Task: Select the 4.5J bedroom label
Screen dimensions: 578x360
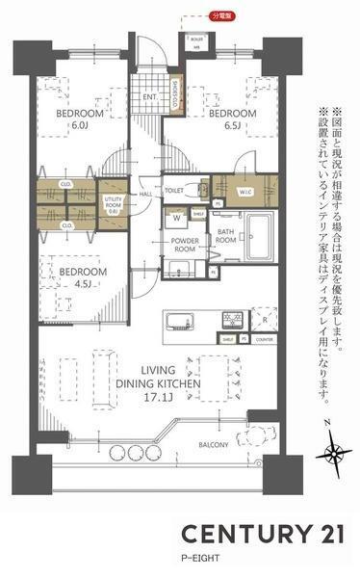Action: (x=83, y=277)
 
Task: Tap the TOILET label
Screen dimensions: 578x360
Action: (x=173, y=191)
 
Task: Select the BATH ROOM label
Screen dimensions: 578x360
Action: (x=226, y=237)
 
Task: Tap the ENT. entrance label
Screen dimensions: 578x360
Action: (x=150, y=97)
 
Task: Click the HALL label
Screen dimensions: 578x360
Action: (x=146, y=194)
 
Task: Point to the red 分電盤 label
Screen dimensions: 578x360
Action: (x=220, y=16)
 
